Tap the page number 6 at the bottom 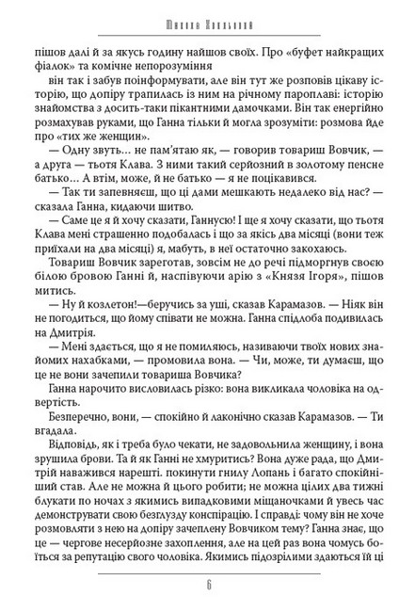point(208,581)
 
